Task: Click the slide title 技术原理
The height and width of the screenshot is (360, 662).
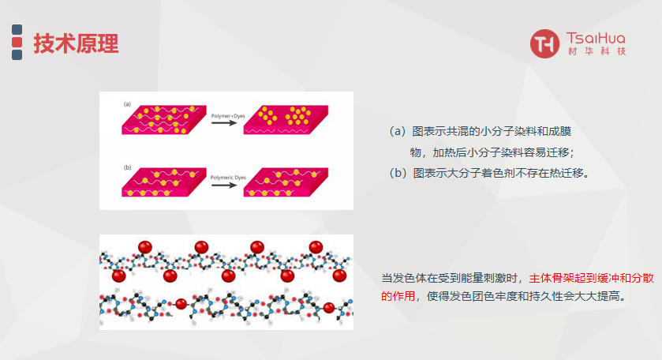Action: pyautogui.click(x=76, y=44)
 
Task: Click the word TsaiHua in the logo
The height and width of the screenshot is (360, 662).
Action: pyautogui.click(x=596, y=38)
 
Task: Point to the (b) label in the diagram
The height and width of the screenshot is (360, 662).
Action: pyautogui.click(x=126, y=167)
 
